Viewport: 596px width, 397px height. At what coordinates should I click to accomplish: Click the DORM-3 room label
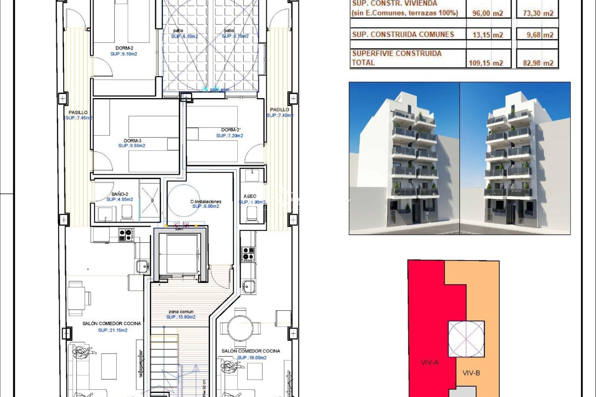point(132,141)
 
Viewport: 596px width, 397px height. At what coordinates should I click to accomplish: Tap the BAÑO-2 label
point(120,194)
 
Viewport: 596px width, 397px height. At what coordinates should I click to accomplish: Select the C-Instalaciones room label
point(206,201)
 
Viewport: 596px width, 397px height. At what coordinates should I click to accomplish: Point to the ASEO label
point(250,196)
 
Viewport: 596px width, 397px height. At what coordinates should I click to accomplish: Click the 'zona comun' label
point(181,312)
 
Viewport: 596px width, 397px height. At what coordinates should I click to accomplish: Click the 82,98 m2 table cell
point(538,63)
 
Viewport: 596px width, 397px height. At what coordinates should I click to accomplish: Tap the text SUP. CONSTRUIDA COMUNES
point(403,35)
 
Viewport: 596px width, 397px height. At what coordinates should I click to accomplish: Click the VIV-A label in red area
point(430,362)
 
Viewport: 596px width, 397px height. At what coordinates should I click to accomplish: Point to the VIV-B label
point(471,373)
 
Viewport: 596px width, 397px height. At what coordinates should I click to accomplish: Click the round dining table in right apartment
point(240,327)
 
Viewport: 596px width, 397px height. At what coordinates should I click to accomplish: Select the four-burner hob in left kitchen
point(126,235)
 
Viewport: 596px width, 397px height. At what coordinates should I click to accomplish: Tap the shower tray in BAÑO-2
point(150,200)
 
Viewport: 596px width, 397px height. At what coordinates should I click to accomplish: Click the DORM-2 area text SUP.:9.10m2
point(124,54)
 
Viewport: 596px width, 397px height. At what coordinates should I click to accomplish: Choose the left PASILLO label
point(78,112)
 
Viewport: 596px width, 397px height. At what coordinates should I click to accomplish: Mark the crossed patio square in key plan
point(466,339)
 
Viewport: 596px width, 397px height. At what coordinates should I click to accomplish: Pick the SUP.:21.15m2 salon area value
point(113,330)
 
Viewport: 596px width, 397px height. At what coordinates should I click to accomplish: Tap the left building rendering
point(404,158)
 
